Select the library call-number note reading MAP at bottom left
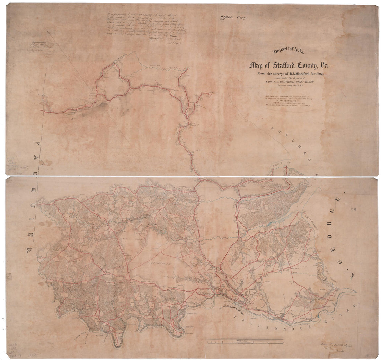click(x=12, y=345)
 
